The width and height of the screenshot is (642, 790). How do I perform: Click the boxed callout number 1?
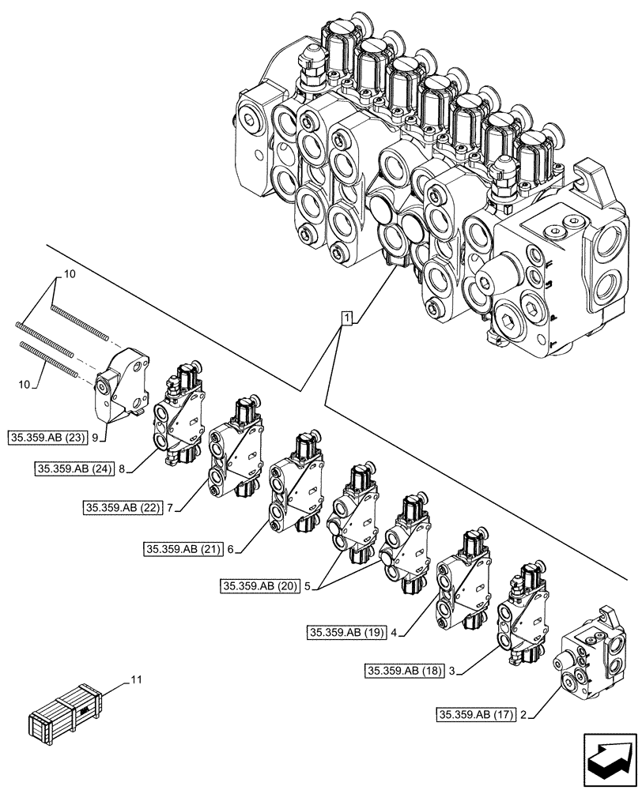(346, 318)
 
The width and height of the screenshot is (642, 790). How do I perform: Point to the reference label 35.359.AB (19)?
(346, 632)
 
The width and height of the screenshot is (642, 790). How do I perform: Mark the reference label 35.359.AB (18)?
(404, 671)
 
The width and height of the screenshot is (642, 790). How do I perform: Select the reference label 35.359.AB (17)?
(474, 717)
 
